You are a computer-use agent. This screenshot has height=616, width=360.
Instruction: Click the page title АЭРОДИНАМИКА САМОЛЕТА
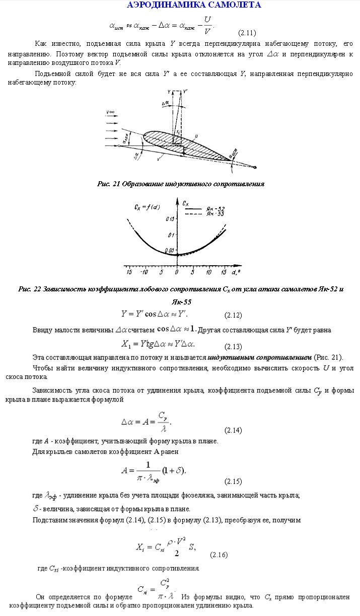[194, 6]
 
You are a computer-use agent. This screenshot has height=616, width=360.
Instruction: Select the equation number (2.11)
[247, 33]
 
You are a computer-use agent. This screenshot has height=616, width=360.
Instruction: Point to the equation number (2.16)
[219, 555]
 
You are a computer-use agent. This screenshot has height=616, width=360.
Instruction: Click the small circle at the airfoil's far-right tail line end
[257, 168]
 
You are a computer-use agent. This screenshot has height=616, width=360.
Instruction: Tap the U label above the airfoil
[196, 136]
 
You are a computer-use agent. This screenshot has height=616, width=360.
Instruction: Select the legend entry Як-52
[215, 208]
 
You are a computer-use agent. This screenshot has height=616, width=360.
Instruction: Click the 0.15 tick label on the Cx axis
[170, 219]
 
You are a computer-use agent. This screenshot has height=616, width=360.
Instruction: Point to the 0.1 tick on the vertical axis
[171, 235]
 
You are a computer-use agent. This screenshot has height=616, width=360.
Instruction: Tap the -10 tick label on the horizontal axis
[145, 272]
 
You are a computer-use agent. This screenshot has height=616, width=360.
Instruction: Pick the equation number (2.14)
[233, 430]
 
